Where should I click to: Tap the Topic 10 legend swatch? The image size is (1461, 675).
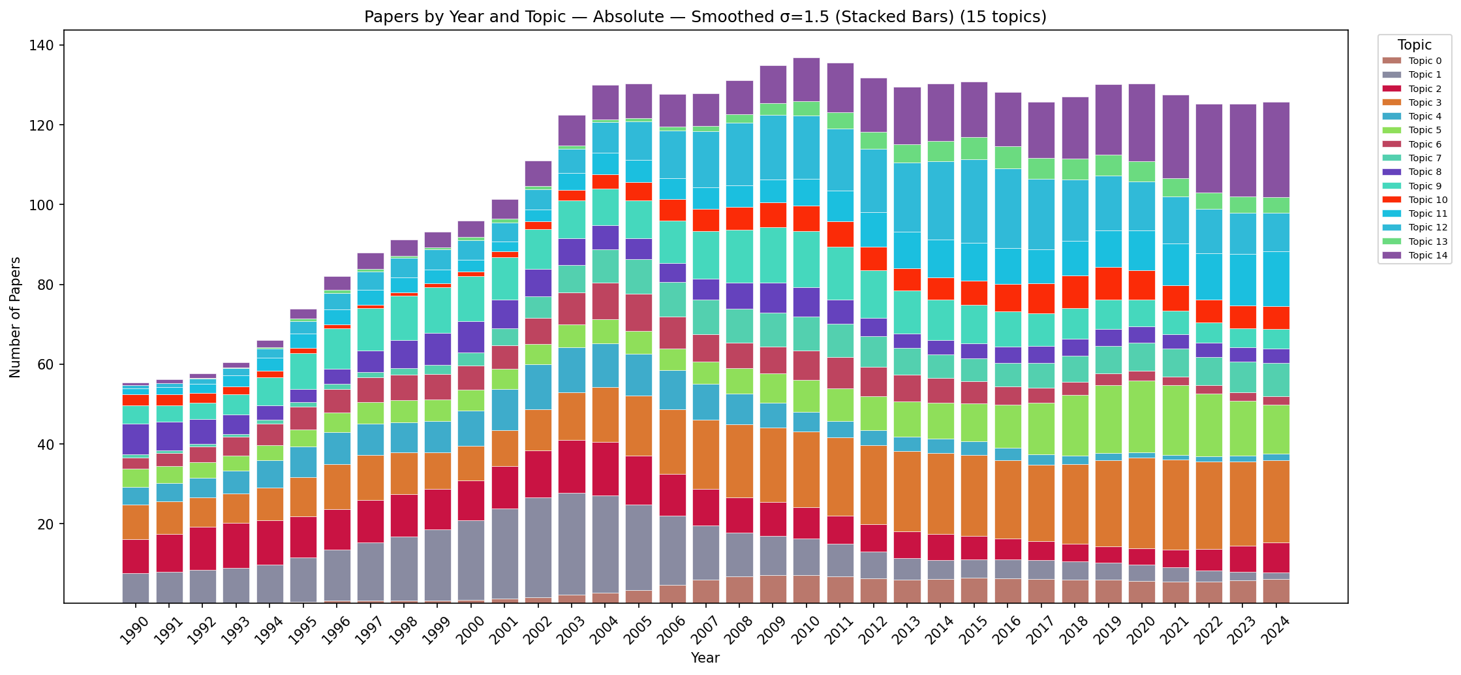[1392, 200]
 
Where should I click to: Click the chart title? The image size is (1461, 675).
[705, 17]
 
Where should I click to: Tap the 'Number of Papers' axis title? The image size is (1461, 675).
[16, 317]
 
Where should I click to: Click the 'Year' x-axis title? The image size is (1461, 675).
[705, 658]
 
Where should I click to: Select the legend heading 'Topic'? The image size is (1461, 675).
[1415, 45]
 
